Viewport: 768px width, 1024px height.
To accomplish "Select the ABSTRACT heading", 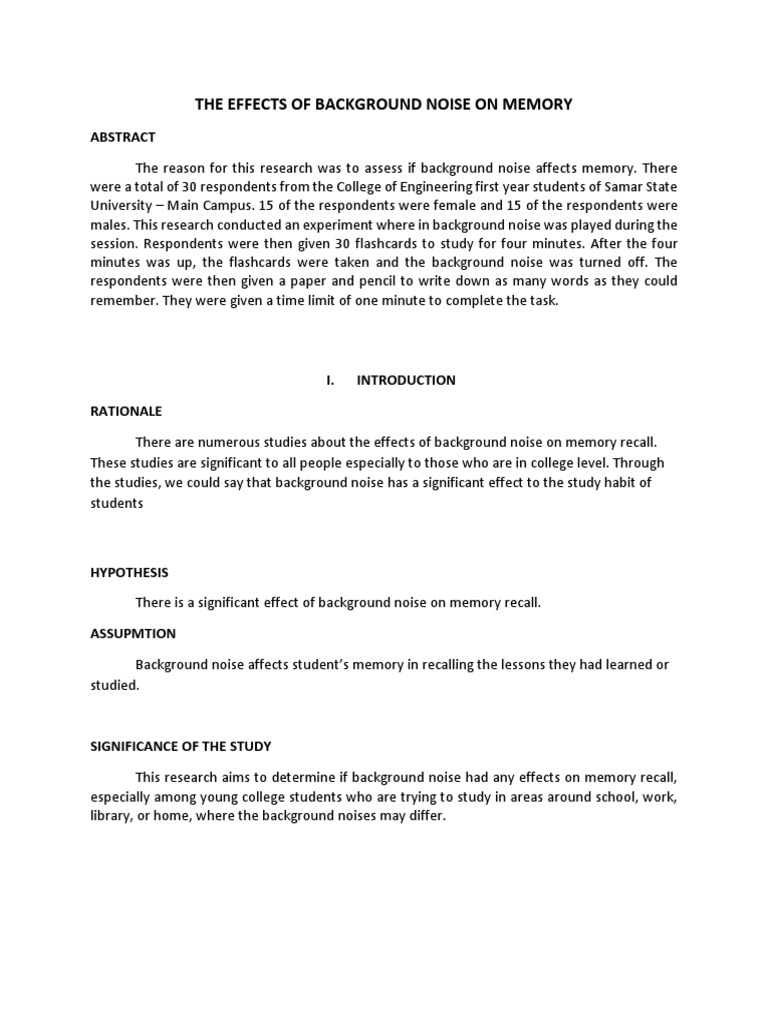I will pos(123,137).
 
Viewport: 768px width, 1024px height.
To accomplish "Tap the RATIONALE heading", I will pos(126,411).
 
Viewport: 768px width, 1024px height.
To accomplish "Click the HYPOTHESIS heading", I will pos(129,573).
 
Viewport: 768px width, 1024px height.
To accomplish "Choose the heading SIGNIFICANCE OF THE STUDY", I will pos(181,746).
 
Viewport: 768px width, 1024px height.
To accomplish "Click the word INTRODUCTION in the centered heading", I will pos(406,380).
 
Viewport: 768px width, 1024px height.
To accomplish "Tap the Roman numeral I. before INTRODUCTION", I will pos(330,380).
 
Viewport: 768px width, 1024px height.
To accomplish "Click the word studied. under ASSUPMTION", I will pos(115,686).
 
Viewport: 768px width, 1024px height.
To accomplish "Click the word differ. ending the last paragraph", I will pos(423,816).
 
